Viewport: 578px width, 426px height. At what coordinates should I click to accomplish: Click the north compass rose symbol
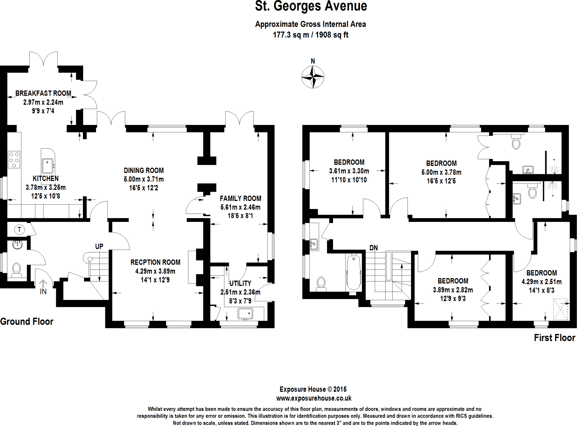[312, 77]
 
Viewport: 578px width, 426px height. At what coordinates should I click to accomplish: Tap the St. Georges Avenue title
[311, 6]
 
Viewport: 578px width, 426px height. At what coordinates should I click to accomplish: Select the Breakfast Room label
[43, 93]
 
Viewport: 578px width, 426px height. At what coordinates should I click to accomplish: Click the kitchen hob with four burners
[14, 160]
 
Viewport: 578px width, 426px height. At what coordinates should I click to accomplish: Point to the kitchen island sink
[48, 166]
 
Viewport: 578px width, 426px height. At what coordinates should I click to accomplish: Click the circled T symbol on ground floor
[19, 230]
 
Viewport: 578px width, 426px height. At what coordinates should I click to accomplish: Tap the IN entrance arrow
[43, 283]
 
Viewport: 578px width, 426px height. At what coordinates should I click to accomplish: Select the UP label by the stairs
[99, 246]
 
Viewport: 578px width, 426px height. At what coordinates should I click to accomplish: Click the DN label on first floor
[373, 248]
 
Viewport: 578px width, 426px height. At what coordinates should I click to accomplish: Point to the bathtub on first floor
[354, 272]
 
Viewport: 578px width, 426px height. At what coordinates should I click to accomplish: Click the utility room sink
[245, 314]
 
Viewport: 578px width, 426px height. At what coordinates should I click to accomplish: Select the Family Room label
[240, 198]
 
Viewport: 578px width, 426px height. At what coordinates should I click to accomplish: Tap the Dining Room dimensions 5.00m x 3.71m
[144, 179]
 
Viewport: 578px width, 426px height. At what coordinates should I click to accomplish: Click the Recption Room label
[155, 262]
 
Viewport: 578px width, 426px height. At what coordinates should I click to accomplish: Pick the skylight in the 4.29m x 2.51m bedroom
[560, 309]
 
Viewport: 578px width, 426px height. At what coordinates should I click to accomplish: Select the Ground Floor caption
[27, 322]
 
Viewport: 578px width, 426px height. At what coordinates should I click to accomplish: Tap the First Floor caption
[554, 338]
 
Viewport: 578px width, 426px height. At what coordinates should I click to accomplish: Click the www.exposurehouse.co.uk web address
[314, 398]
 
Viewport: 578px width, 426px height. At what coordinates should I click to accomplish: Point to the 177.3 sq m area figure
[291, 35]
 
